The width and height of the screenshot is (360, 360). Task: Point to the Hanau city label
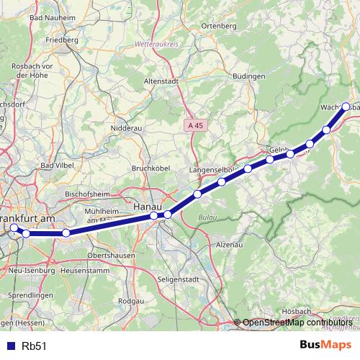tap(145, 207)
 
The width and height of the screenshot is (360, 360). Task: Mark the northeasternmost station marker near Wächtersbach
tap(346, 107)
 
